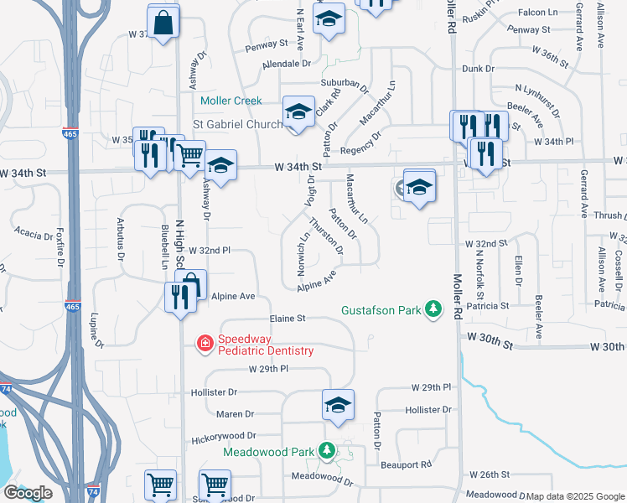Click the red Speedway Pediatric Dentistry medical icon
[204, 343]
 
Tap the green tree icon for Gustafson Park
[433, 310]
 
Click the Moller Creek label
[231, 101]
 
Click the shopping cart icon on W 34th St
[190, 154]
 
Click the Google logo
[28, 492]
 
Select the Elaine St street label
[288, 319]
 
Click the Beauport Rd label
[406, 464]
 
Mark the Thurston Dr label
[326, 236]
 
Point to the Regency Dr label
[361, 143]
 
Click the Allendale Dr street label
[286, 64]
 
